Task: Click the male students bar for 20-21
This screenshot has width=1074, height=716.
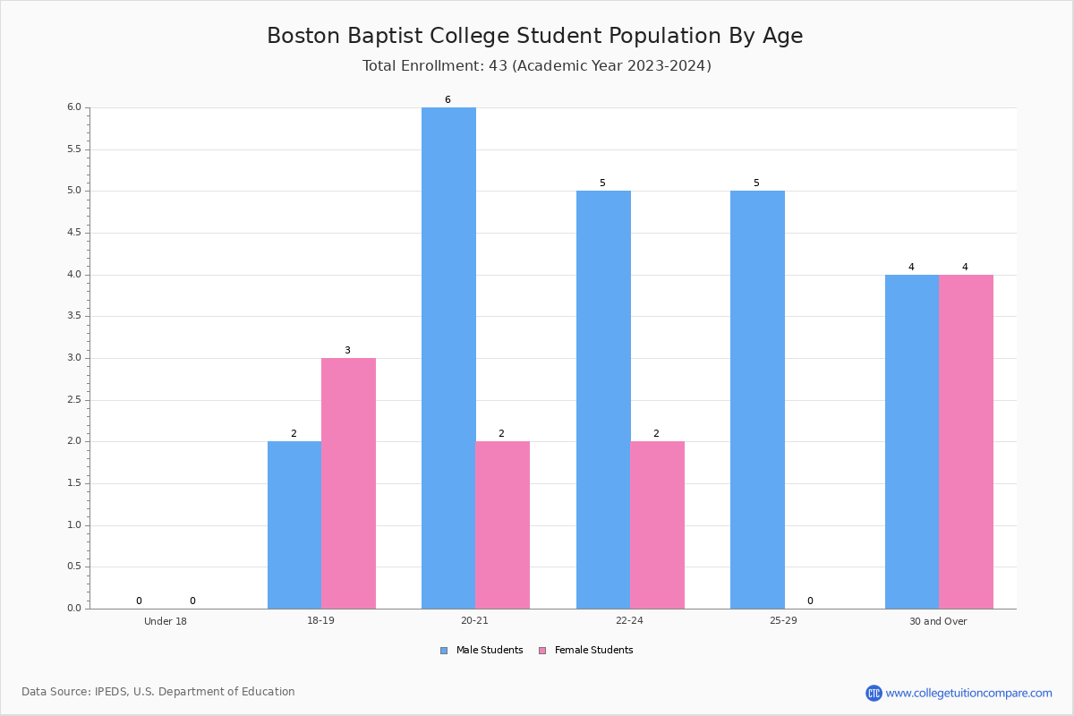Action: pyautogui.click(x=448, y=358)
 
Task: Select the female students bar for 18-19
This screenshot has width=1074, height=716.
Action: pyautogui.click(x=348, y=483)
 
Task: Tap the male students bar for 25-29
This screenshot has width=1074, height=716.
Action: pyautogui.click(x=757, y=400)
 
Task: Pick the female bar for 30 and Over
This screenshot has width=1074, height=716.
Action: pyautogui.click(x=966, y=442)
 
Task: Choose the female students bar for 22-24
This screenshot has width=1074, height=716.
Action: pyautogui.click(x=657, y=525)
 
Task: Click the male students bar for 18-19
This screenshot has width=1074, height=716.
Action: pyautogui.click(x=294, y=525)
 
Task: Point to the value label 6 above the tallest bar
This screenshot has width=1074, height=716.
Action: pyautogui.click(x=447, y=99)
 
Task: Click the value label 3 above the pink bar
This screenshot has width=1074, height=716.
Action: pyautogui.click(x=347, y=351)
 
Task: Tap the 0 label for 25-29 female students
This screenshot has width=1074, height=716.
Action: pyautogui.click(x=810, y=601)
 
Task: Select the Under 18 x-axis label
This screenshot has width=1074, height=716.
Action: pyautogui.click(x=166, y=621)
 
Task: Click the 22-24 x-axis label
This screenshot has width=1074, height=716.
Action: pyautogui.click(x=629, y=620)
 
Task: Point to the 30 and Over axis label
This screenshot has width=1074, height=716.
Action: pyautogui.click(x=938, y=621)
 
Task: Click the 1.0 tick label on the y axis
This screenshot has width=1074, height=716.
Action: pyautogui.click(x=74, y=525)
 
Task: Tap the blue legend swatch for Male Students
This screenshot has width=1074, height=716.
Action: pyautogui.click(x=444, y=651)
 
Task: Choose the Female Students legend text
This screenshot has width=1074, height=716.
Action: pyautogui.click(x=594, y=651)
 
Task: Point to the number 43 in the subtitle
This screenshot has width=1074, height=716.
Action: pyautogui.click(x=499, y=66)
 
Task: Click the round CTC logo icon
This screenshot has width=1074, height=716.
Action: pyautogui.click(x=874, y=693)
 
